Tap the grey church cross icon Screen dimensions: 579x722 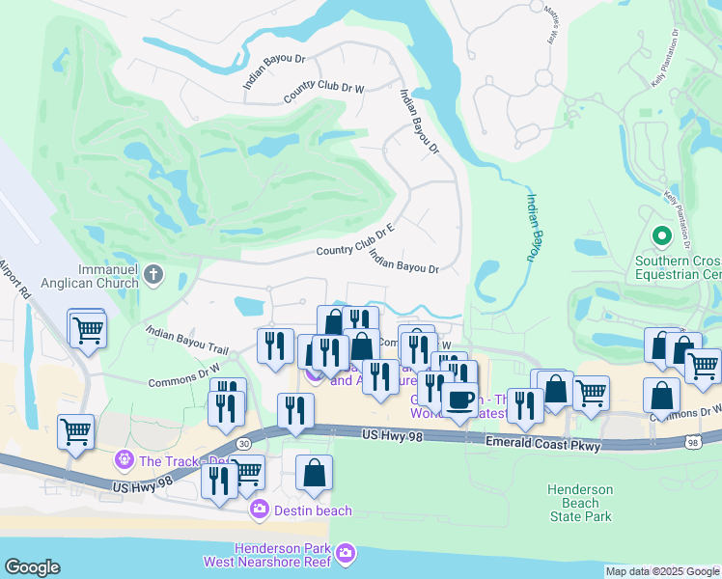point(153,277)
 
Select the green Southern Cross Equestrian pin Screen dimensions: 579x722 point(662,235)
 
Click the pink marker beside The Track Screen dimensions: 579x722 point(123,460)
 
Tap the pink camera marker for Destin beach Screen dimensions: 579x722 point(259,509)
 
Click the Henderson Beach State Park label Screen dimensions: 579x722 point(579,503)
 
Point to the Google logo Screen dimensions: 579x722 point(32,567)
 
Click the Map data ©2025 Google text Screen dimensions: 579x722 point(662,571)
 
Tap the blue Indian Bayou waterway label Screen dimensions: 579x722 point(531,227)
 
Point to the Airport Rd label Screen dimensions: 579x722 point(16,280)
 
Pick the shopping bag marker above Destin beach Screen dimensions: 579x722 point(314,472)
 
